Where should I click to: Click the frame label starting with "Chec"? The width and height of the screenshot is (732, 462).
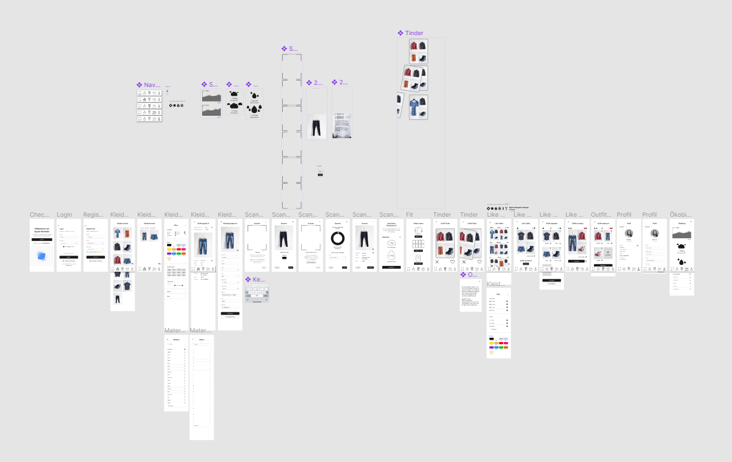pos(39,215)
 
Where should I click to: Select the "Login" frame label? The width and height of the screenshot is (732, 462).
pos(64,215)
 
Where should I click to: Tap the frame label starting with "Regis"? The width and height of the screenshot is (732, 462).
pos(93,215)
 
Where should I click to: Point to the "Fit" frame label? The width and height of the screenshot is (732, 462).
pos(409,215)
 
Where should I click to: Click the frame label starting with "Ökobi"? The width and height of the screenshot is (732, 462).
pos(680,215)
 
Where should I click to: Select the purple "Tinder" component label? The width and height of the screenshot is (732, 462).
pos(414,33)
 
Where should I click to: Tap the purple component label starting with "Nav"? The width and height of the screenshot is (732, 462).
pos(151,85)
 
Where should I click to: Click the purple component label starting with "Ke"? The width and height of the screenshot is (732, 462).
pos(258,279)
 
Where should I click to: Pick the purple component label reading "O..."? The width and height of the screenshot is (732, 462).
pos(472,274)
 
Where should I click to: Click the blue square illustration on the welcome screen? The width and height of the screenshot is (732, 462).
pos(42,257)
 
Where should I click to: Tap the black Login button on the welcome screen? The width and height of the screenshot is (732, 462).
pos(42,239)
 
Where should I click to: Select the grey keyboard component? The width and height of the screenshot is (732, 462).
pos(257,292)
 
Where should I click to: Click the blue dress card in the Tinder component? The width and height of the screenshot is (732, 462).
pos(418,107)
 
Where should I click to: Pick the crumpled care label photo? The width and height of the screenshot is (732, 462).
pos(342,124)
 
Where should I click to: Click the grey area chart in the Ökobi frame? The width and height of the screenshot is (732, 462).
pos(681,233)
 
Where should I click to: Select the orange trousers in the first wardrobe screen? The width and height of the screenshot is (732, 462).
pos(127,233)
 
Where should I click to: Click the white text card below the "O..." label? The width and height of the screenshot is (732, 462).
pos(470,295)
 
